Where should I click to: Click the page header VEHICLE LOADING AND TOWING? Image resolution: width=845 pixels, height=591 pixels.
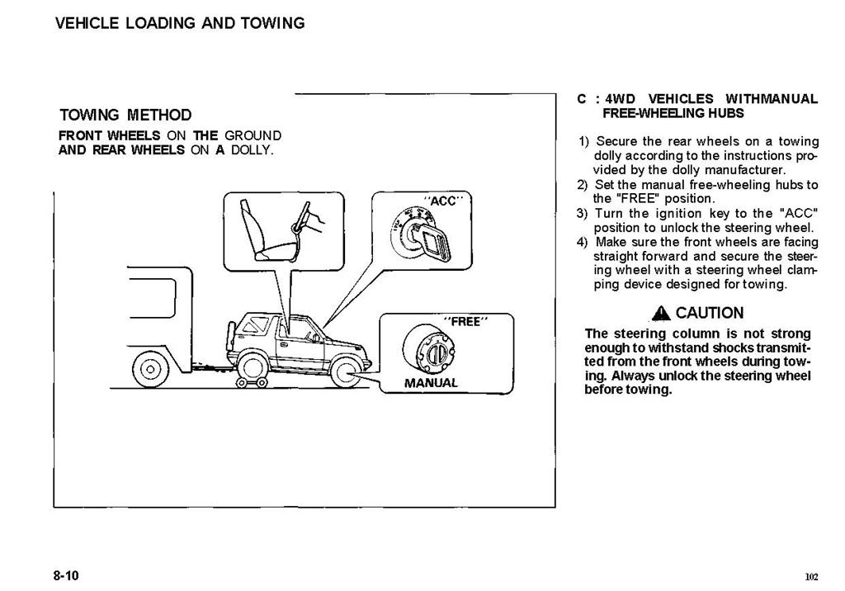(180, 23)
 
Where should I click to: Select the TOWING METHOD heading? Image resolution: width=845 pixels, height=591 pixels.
(125, 115)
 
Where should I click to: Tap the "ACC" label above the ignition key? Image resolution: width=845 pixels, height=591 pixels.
(443, 201)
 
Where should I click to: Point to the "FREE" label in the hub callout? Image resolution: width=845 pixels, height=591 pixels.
(465, 321)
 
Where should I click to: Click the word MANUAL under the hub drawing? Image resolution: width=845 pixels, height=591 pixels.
(431, 383)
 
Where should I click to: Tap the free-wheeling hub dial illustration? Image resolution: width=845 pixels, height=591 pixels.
(429, 348)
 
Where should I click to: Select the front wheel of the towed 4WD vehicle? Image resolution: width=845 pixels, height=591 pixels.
(346, 372)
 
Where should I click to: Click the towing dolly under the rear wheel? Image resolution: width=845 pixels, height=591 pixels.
(250, 382)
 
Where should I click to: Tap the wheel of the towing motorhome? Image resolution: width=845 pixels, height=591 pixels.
(150, 370)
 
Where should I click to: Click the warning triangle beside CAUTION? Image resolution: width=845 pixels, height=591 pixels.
(661, 313)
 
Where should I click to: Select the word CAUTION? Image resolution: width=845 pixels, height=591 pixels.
(710, 313)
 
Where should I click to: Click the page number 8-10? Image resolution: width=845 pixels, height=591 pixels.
(66, 575)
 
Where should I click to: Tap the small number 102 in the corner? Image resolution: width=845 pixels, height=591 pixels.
(812, 576)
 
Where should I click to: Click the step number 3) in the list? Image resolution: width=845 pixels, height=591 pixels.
(582, 214)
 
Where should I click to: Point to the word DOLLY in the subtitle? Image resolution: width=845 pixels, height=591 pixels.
(253, 150)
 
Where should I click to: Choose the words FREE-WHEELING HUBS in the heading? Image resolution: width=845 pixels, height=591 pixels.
(673, 113)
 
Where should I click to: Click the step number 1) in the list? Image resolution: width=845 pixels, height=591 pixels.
(584, 142)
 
